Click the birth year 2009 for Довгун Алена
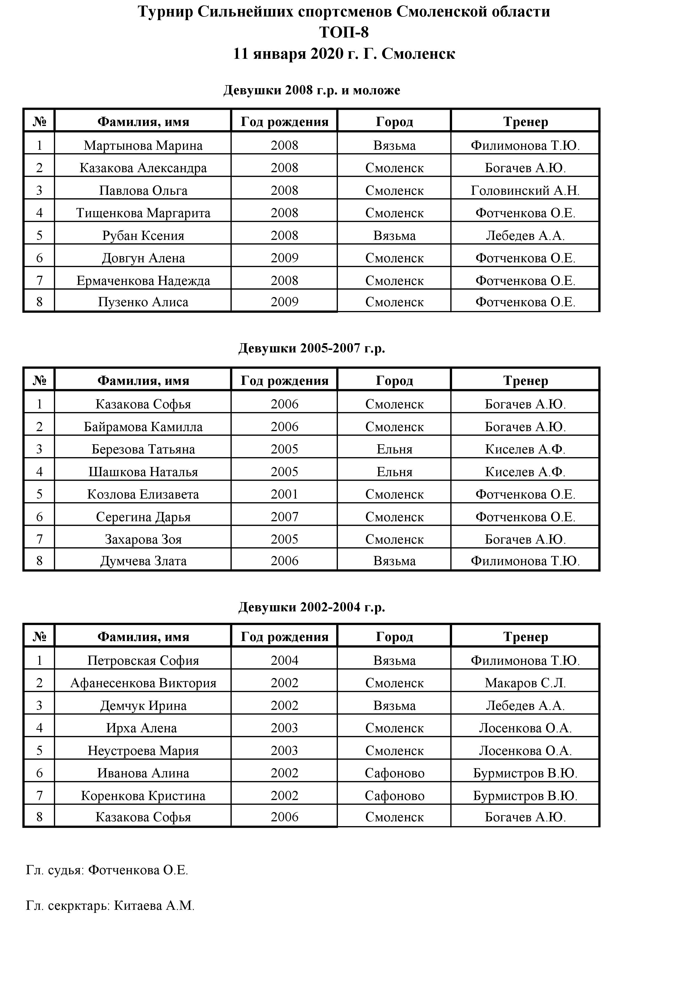(284, 258)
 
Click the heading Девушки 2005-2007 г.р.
(312, 348)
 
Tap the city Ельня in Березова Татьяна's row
(394, 449)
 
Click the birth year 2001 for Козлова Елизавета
(284, 494)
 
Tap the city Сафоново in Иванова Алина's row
(394, 773)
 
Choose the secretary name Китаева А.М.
(154, 906)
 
